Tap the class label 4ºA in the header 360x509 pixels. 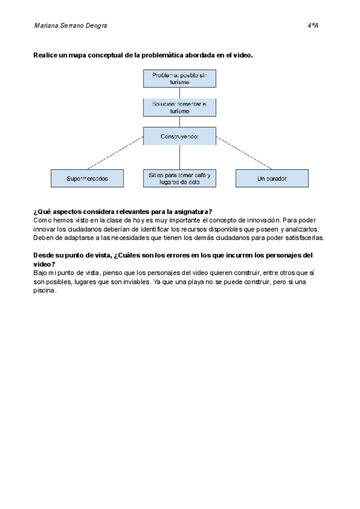tap(312, 26)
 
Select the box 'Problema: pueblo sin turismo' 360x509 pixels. tap(179, 79)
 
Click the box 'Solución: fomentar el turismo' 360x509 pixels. tap(179, 107)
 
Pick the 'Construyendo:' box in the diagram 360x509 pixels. tap(179, 136)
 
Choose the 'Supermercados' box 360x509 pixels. tap(88, 178)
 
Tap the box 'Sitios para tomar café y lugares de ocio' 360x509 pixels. tap(179, 178)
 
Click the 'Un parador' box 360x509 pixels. tap(272, 178)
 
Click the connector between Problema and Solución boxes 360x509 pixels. tap(179, 93)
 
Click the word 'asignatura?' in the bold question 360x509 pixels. tap(192, 212)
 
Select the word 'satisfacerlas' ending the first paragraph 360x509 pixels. tap(304, 237)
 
